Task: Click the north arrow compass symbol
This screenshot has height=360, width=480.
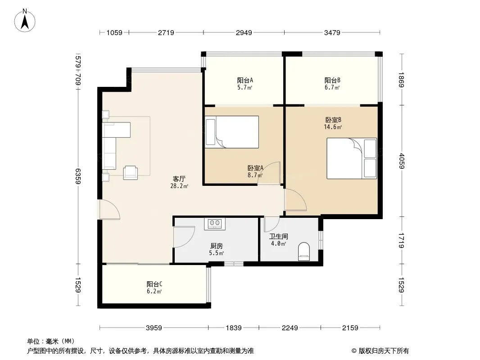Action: [x=25, y=21]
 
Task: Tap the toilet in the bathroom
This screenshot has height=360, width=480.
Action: [x=303, y=252]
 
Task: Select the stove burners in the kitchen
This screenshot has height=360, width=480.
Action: [x=215, y=224]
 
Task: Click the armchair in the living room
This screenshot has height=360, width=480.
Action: [x=131, y=172]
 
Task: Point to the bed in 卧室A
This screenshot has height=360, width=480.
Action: [x=232, y=132]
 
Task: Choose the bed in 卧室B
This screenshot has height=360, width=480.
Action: [x=352, y=158]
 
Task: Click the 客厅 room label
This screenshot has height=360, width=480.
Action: [x=179, y=179]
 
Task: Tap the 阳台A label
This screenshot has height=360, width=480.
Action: [x=245, y=81]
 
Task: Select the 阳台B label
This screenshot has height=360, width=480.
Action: [x=332, y=81]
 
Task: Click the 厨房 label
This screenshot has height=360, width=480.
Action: [x=217, y=246]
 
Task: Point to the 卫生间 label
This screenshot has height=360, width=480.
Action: [x=279, y=236]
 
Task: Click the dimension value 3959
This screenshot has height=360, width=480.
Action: [x=154, y=328]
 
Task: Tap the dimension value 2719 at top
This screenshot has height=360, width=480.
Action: [x=166, y=32]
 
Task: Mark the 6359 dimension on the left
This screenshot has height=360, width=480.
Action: [x=78, y=176]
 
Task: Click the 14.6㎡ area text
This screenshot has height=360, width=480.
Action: [x=333, y=127]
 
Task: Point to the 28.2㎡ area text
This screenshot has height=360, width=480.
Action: [x=179, y=186]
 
